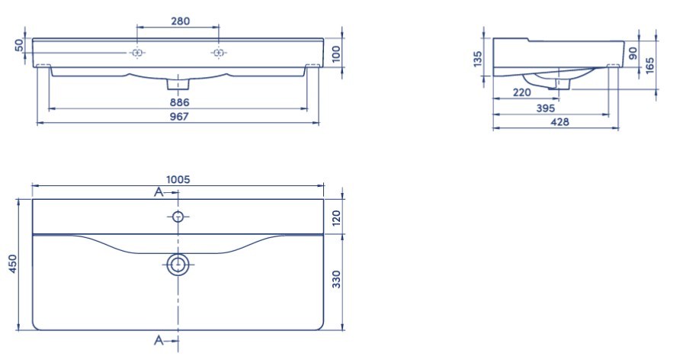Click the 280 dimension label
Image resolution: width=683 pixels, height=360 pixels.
pyautogui.click(x=180, y=21)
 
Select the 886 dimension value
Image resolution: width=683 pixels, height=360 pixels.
pyautogui.click(x=179, y=102)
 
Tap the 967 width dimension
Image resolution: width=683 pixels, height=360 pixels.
pyautogui.click(x=179, y=117)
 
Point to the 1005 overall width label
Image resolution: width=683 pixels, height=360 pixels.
pyautogui.click(x=178, y=179)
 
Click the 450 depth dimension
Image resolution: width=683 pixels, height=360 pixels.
pyautogui.click(x=13, y=264)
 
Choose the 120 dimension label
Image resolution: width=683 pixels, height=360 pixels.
pyautogui.click(x=336, y=218)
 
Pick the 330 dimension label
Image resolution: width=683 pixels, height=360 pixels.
pyautogui.click(x=336, y=279)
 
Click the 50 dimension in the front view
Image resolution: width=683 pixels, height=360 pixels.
pyautogui.click(x=19, y=45)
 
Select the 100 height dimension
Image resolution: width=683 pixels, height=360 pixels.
pyautogui.click(x=336, y=54)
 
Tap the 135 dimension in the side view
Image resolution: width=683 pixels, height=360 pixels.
pyautogui.click(x=478, y=59)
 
